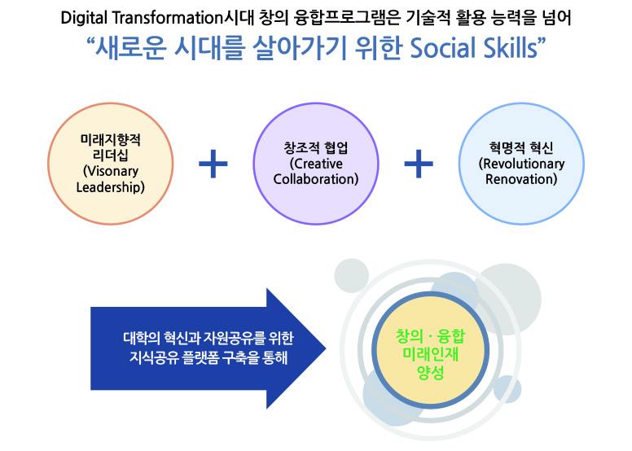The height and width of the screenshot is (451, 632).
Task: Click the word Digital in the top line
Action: pyautogui.click(x=84, y=18)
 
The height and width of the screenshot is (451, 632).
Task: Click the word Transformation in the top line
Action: pyautogui.click(x=167, y=18)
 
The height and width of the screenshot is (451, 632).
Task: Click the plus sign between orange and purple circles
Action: pyautogui.click(x=213, y=164)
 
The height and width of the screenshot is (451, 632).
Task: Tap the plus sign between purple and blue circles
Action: pyautogui.click(x=419, y=164)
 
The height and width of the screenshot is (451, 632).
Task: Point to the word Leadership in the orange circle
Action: pyautogui.click(x=111, y=187)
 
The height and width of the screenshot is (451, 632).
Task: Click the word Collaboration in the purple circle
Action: pyautogui.click(x=316, y=179)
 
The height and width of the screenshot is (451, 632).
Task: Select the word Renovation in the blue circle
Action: pyautogui.click(x=521, y=179)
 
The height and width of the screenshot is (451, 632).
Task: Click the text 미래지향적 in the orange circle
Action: pyautogui.click(x=111, y=140)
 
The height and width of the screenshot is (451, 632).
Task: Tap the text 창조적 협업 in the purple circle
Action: pyautogui.click(x=316, y=148)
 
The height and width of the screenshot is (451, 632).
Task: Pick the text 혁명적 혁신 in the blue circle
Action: pyautogui.click(x=521, y=148)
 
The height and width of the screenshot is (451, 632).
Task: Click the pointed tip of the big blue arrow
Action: pyautogui.click(x=326, y=348)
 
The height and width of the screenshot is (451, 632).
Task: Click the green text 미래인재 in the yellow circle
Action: pyautogui.click(x=431, y=354)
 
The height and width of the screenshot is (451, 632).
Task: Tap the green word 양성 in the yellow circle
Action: pyautogui.click(x=431, y=372)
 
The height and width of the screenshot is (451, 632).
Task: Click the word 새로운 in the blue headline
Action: pyautogui.click(x=130, y=48)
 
